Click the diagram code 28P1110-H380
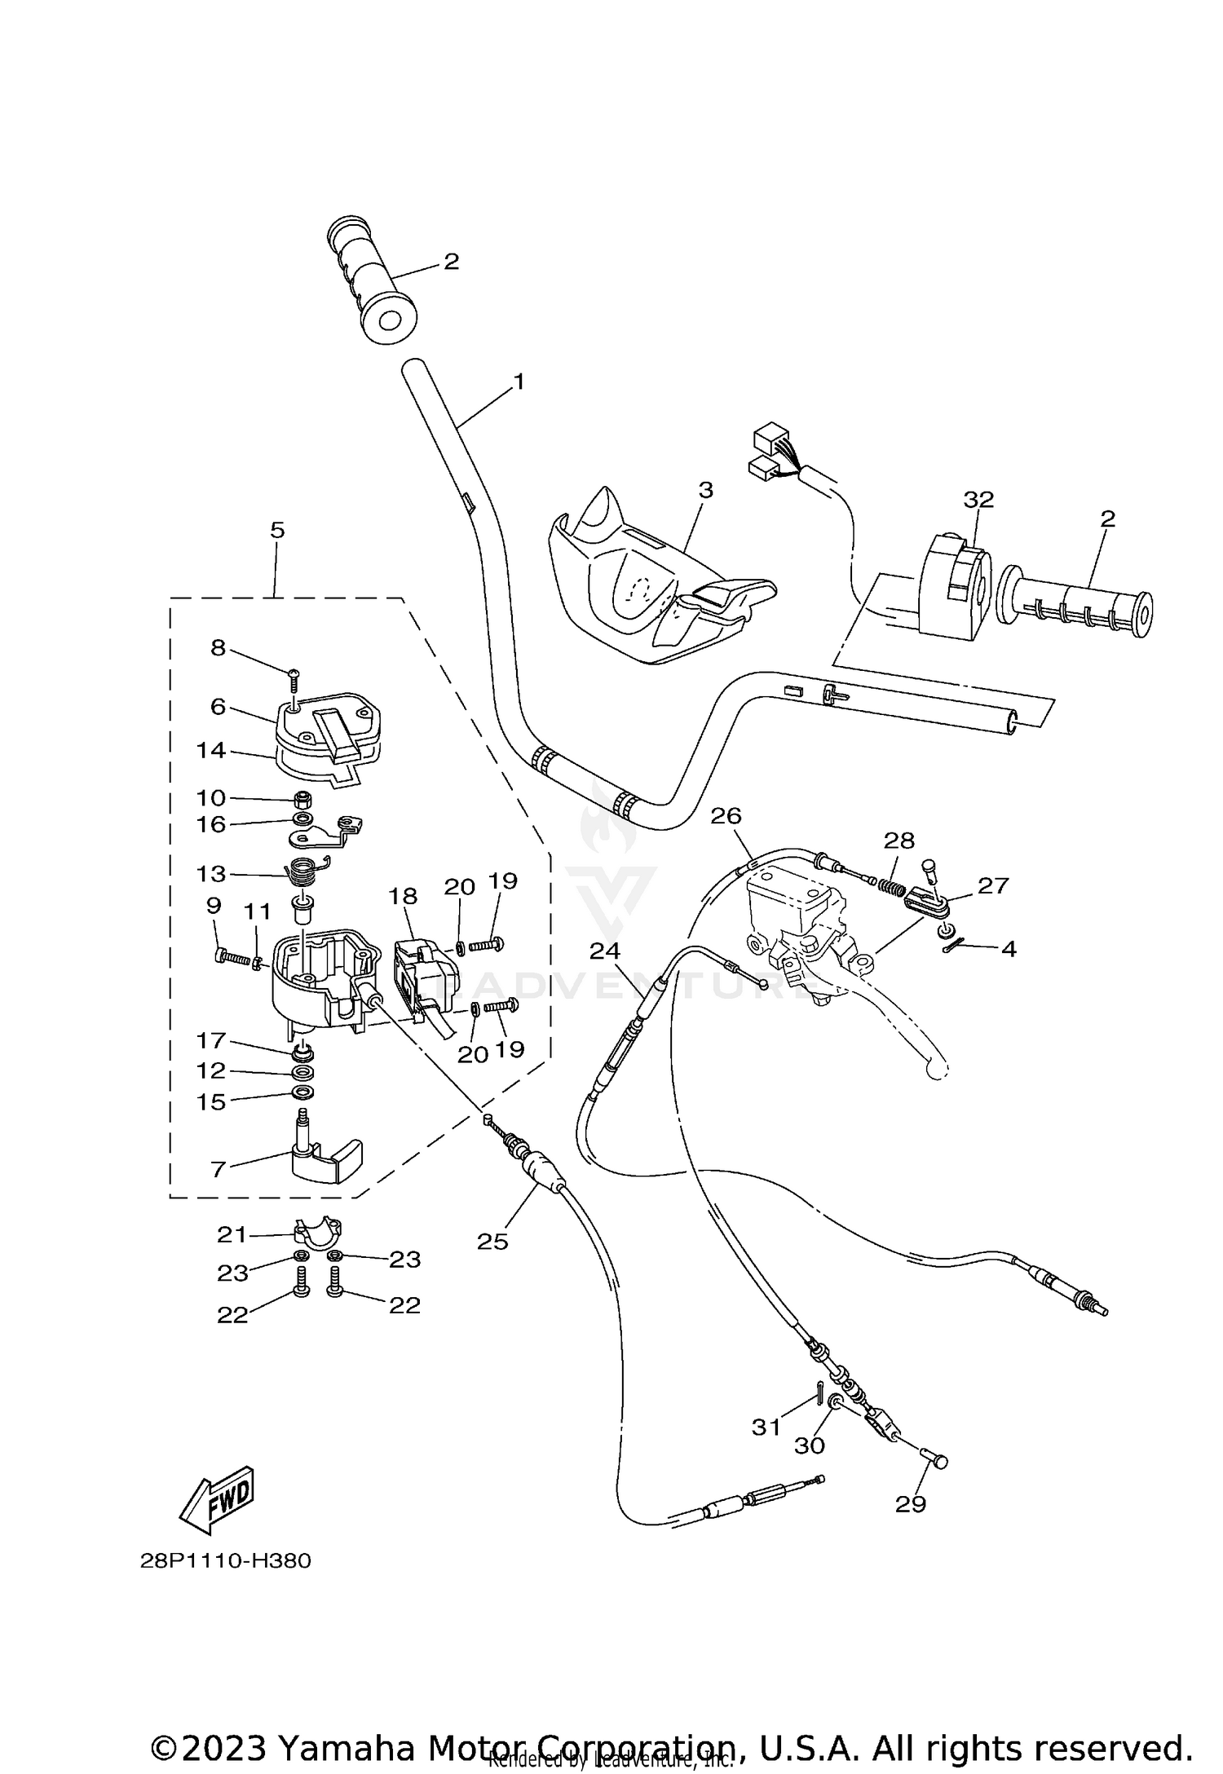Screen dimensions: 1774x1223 225,1561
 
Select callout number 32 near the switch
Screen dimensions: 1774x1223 978,500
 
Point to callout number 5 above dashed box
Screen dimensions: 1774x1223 277,531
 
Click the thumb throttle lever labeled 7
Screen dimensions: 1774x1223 326,1158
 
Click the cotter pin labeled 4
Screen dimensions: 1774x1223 955,946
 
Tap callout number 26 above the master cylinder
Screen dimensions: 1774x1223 726,815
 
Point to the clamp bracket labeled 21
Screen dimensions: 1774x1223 318,1233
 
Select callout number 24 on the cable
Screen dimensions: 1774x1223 605,951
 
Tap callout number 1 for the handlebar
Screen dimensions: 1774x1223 519,382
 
